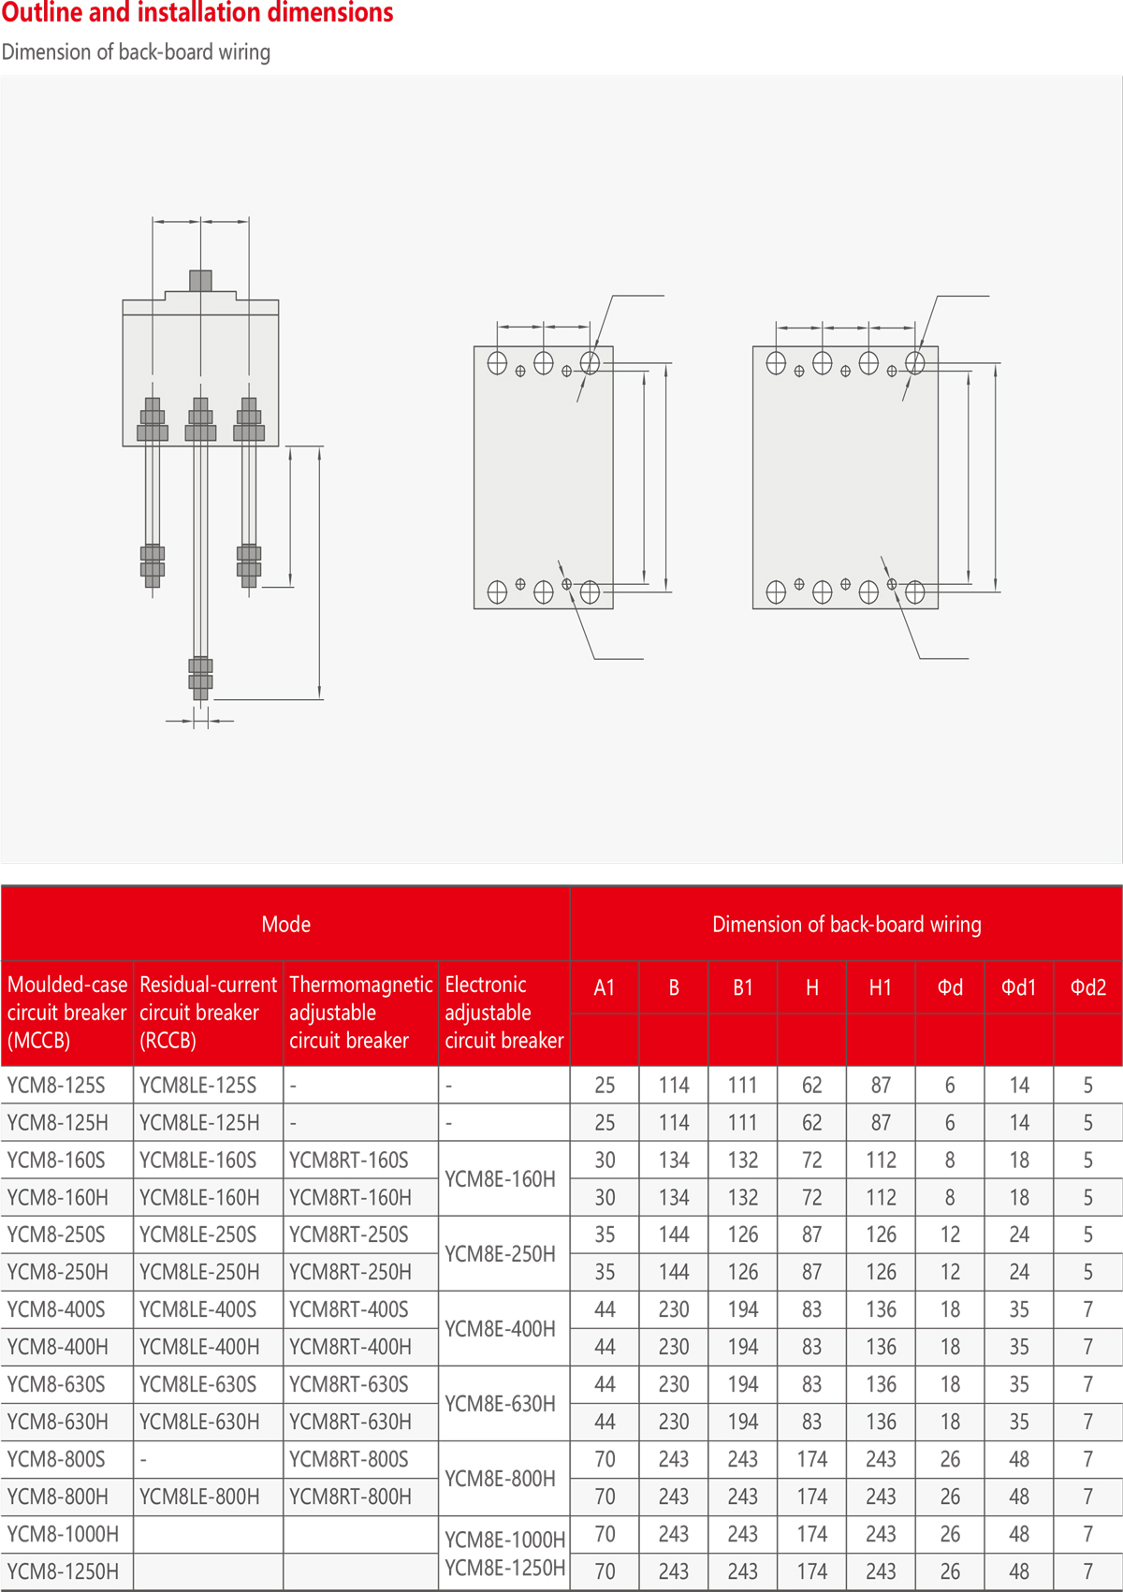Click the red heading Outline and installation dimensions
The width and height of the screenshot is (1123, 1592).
(197, 13)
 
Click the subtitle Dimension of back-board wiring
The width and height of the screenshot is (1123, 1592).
(136, 51)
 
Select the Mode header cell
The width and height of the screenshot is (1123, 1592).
(285, 924)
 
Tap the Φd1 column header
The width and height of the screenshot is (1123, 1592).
(1019, 987)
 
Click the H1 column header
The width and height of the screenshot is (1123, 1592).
(881, 987)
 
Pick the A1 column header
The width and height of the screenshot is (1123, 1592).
(605, 987)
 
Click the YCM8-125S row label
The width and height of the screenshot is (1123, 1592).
(56, 1086)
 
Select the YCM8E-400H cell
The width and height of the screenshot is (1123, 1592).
(501, 1329)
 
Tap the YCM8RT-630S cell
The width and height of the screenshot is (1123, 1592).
(349, 1384)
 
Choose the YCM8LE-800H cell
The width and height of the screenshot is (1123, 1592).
(199, 1497)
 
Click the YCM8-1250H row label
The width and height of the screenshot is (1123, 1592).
(63, 1571)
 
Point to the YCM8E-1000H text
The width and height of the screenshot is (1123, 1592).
(505, 1540)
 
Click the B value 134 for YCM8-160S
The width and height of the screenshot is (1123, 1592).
(674, 1161)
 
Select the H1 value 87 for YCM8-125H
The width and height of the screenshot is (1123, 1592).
(881, 1123)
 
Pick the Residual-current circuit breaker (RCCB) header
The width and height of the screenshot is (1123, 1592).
(208, 1013)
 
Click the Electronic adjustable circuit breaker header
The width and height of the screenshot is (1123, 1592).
(503, 1013)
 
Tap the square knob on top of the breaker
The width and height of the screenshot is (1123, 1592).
(200, 280)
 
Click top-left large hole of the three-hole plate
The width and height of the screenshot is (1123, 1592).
(497, 363)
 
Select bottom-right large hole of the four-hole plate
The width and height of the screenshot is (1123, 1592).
(915, 592)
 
